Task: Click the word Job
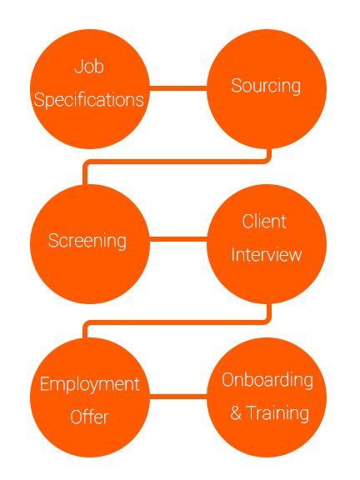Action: pyautogui.click(x=89, y=67)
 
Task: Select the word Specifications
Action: pyautogui.click(x=89, y=100)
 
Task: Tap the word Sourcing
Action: pyautogui.click(x=266, y=86)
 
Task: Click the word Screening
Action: pyautogui.click(x=87, y=241)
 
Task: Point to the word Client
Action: pyautogui.click(x=264, y=221)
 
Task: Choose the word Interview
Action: pyautogui.click(x=267, y=254)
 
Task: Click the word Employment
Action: pyautogui.click(x=90, y=384)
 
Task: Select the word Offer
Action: pyautogui.click(x=90, y=417)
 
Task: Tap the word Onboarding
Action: pyautogui.click(x=267, y=381)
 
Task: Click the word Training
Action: pyautogui.click(x=277, y=413)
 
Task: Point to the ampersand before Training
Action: pyautogui.click(x=236, y=413)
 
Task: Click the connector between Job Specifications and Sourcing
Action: pyautogui.click(x=178, y=88)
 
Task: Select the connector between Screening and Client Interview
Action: pyautogui.click(x=178, y=239)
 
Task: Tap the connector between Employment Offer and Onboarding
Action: pyautogui.click(x=178, y=397)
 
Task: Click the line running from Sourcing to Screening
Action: pyautogui.click(x=177, y=162)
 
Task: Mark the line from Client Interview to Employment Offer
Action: pyautogui.click(x=177, y=322)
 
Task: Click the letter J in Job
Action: pyautogui.click(x=78, y=67)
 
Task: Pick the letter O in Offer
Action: pyautogui.click(x=77, y=417)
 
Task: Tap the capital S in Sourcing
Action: pyautogui.click(x=237, y=85)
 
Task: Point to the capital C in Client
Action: pyautogui.click(x=248, y=222)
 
